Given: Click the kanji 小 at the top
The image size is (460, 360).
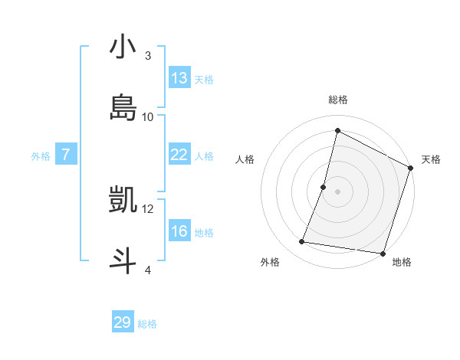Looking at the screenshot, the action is (x=123, y=47).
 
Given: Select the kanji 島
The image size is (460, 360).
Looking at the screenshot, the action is (x=123, y=108).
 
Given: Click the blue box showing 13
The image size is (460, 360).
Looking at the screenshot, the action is (x=179, y=78).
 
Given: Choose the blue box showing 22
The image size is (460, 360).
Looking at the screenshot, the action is (x=179, y=155).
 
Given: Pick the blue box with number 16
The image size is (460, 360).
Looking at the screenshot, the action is (x=179, y=231).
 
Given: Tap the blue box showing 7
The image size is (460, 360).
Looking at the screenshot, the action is (x=66, y=155).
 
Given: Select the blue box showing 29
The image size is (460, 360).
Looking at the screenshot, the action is (x=123, y=322).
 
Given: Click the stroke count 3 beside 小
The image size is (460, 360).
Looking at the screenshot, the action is (x=147, y=56).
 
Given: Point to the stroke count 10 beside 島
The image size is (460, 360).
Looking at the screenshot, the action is (x=148, y=116).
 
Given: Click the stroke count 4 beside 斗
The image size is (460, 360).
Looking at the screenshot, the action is (x=147, y=270).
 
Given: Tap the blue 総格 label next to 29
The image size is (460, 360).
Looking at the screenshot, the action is (x=147, y=324).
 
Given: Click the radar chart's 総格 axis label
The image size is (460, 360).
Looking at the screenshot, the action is (x=337, y=100).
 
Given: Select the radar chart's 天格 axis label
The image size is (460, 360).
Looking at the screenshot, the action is (x=431, y=159).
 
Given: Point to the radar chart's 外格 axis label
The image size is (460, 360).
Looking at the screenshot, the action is (x=270, y=262).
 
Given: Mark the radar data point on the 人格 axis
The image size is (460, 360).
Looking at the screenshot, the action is (x=324, y=187).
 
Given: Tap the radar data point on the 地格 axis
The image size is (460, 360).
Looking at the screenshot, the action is (x=383, y=254).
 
